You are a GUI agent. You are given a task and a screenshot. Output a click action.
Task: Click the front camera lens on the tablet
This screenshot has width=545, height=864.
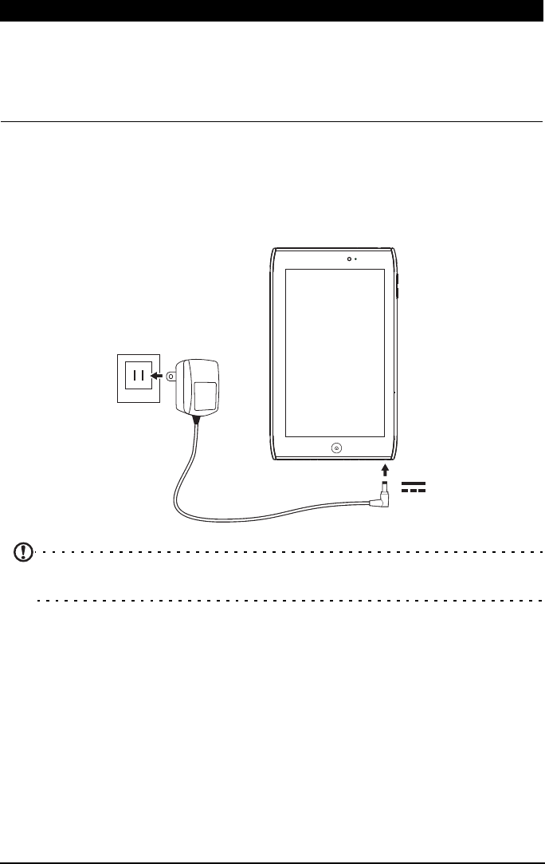349,258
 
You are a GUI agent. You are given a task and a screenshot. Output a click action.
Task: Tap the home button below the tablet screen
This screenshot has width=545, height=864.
335,448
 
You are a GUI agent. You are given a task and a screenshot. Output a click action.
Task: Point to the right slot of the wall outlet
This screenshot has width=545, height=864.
144,376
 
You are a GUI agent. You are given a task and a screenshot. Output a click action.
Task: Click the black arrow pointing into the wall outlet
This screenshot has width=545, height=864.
159,376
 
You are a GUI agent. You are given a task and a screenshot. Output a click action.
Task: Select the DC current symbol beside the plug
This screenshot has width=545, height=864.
414,487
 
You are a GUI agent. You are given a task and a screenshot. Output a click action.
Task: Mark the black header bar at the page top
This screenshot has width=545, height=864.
272,10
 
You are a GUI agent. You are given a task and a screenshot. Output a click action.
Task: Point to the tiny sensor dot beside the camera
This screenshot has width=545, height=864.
356,258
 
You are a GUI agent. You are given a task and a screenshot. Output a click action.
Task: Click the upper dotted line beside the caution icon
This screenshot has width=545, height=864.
287,551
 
